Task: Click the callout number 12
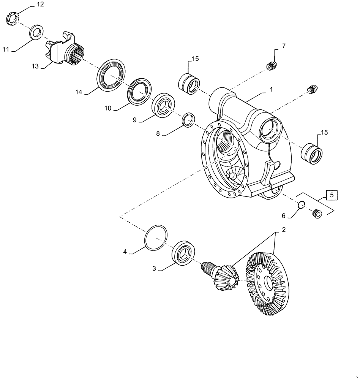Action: [x=40, y=5]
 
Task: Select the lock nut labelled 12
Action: [x=13, y=19]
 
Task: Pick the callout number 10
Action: [x=108, y=108]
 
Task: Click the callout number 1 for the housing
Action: [x=271, y=90]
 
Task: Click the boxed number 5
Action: [x=332, y=196]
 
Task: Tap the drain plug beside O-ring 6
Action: [x=317, y=214]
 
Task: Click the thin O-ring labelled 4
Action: [x=155, y=238]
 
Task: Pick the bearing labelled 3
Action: [x=184, y=252]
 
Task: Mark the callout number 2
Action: [x=283, y=230]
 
